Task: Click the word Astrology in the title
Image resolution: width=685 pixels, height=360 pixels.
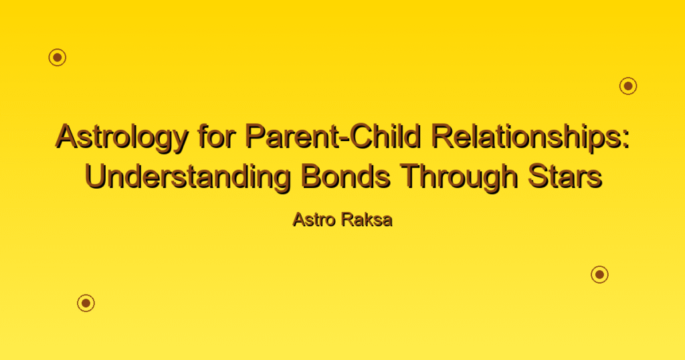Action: (x=122, y=138)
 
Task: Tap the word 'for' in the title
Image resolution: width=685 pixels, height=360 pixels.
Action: (x=217, y=136)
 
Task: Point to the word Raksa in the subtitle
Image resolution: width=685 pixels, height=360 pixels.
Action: (x=367, y=219)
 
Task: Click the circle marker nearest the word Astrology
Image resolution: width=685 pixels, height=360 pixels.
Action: (x=58, y=58)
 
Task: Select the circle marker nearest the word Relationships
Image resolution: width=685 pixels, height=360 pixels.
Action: (x=628, y=86)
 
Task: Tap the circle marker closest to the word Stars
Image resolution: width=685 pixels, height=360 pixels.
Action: (x=600, y=274)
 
